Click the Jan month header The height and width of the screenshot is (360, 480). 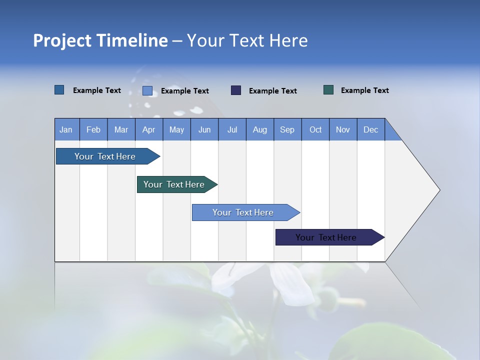(66, 129)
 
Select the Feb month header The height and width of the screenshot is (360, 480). (93, 129)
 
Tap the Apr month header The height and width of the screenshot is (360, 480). (148, 129)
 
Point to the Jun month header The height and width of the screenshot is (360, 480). (204, 129)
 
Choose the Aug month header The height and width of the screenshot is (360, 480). (259, 129)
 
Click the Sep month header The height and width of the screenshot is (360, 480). (287, 129)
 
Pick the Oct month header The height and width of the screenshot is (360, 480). (315, 129)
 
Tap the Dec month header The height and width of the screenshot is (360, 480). (370, 129)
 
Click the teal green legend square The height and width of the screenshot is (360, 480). (328, 90)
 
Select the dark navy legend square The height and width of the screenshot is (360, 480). (236, 90)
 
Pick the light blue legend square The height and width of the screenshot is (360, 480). (147, 90)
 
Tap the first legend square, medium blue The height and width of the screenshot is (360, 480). (59, 90)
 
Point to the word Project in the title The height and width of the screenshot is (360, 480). (62, 40)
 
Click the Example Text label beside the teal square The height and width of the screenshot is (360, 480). (364, 90)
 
